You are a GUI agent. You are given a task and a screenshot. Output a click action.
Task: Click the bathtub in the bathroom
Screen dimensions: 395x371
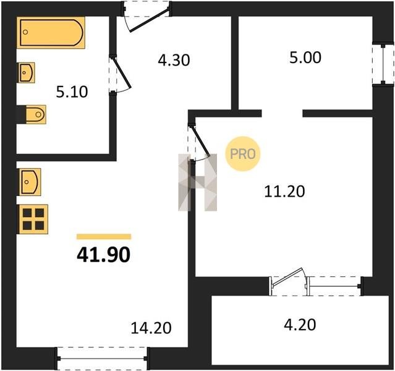pyautogui.click(x=51, y=33)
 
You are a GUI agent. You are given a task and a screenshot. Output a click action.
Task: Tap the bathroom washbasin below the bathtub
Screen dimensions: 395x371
pyautogui.click(x=26, y=72)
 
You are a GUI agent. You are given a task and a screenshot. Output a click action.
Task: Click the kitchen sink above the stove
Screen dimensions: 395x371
pyautogui.click(x=29, y=182)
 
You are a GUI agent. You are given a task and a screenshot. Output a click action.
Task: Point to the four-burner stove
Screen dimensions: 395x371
pyautogui.click(x=33, y=220)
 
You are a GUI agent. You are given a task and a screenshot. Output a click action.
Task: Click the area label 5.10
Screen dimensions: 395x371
pyautogui.click(x=72, y=92)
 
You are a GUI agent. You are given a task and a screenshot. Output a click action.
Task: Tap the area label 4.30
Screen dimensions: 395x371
pyautogui.click(x=174, y=61)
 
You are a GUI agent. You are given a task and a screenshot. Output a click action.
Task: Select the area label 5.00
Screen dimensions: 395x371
pyautogui.click(x=305, y=58)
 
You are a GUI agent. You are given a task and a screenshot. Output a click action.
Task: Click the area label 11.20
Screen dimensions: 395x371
pyautogui.click(x=284, y=191)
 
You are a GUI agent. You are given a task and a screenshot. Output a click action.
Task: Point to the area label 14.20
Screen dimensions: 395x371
pyautogui.click(x=151, y=328)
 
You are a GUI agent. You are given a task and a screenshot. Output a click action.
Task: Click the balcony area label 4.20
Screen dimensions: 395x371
pyautogui.click(x=300, y=325)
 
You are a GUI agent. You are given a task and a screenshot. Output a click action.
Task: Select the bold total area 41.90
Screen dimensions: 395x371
pyautogui.click(x=103, y=255)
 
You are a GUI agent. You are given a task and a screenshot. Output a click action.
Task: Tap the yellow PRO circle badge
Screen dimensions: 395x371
pyautogui.click(x=243, y=154)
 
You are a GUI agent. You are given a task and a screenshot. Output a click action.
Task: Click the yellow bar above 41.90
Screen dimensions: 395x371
pyautogui.click(x=104, y=236)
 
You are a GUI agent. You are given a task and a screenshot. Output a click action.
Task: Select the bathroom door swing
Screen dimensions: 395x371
pyautogui.click(x=120, y=75)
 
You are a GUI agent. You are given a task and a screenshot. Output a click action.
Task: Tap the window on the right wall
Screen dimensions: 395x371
pyautogui.click(x=383, y=64)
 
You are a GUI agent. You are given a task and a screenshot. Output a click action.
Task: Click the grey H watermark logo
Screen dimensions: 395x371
pyautogui.click(x=198, y=182)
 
